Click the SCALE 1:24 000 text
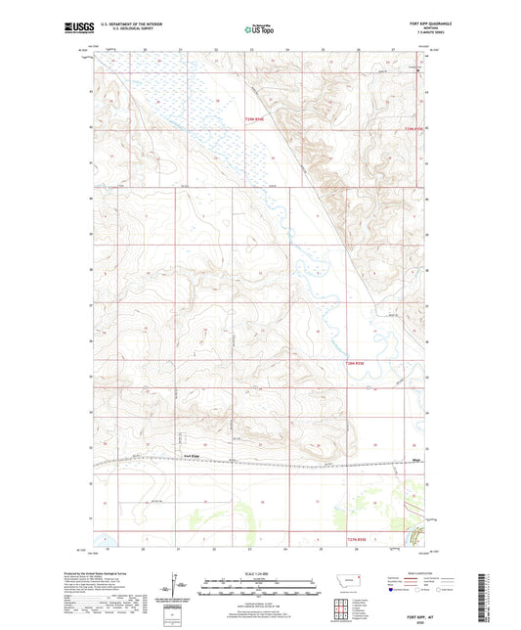click(x=258, y=573)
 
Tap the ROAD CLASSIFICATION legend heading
click(x=414, y=574)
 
